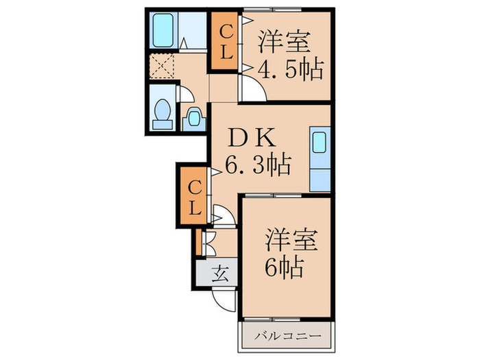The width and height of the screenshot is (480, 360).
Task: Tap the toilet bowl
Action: pos(163,112)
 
